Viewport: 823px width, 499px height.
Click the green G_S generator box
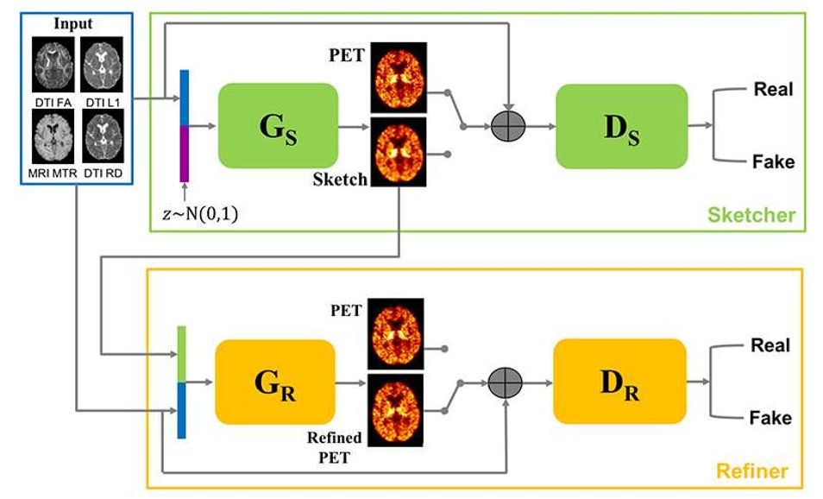(x=278, y=126)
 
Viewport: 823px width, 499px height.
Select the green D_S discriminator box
(x=622, y=127)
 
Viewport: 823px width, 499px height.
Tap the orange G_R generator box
(x=275, y=382)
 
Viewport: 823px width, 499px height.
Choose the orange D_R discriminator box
(x=620, y=382)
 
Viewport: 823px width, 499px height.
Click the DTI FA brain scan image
(x=53, y=65)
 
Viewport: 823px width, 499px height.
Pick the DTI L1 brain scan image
(x=103, y=65)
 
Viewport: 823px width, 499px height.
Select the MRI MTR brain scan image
(x=53, y=136)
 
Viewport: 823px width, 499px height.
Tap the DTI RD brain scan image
(x=104, y=136)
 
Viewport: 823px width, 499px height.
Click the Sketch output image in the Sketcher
(x=399, y=152)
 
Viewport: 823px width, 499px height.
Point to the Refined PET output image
(x=395, y=410)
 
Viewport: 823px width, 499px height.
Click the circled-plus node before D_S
(x=508, y=126)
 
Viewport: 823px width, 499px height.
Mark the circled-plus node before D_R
(x=506, y=383)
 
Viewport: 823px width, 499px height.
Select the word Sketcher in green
(x=751, y=215)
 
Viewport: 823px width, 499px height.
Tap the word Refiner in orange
(x=752, y=471)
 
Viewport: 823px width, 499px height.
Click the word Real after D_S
(x=773, y=89)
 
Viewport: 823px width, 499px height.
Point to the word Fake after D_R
(x=770, y=418)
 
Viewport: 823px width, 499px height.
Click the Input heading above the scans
(x=73, y=23)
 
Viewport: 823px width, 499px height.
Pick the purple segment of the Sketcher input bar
(x=185, y=154)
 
